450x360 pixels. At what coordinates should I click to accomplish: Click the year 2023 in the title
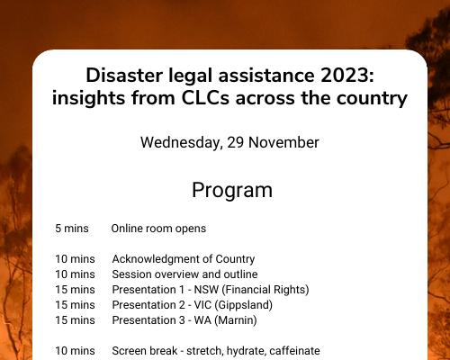tap(347, 75)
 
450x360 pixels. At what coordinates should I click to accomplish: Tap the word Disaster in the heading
tap(124, 75)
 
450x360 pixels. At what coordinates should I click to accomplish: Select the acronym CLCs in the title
tap(205, 98)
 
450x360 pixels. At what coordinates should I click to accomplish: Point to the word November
tap(283, 142)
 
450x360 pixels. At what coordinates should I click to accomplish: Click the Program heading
tap(232, 191)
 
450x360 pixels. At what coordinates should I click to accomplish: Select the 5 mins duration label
tap(72, 229)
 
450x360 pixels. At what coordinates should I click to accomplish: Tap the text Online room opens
tap(158, 229)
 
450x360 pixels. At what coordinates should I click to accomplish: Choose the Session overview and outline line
tap(184, 274)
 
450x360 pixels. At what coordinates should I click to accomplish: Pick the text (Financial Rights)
tap(265, 290)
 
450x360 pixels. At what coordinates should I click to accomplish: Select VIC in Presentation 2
tap(202, 305)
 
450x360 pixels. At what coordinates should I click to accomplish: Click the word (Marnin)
tap(235, 320)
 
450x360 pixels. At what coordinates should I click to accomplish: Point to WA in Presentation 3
tap(202, 320)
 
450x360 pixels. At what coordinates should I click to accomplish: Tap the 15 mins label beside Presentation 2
tap(75, 305)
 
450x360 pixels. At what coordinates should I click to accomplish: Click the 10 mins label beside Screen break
tap(75, 351)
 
